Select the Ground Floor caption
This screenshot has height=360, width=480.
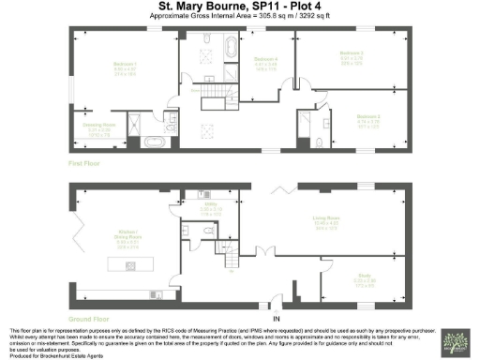(88, 318)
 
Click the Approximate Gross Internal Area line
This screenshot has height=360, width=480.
(240, 18)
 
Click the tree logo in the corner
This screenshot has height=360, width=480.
(460, 344)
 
